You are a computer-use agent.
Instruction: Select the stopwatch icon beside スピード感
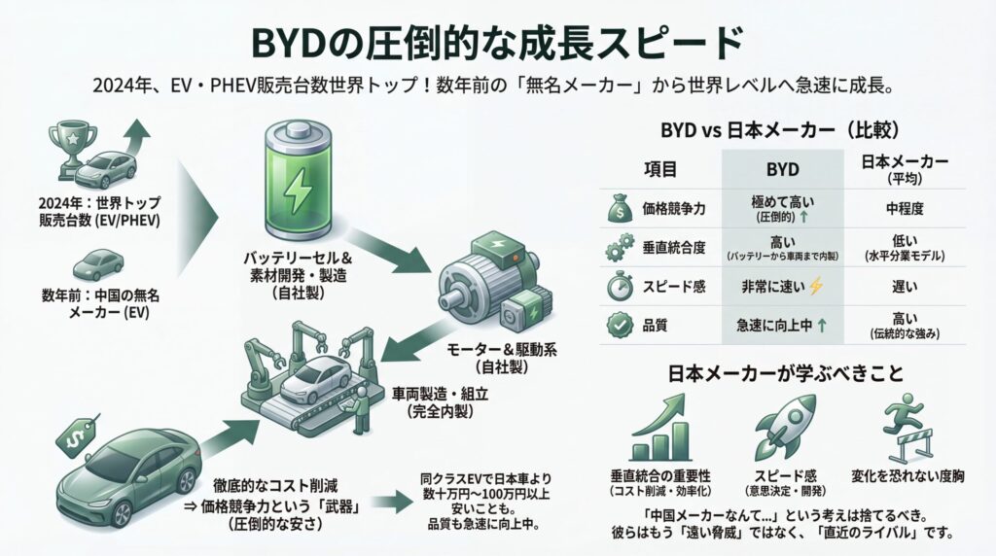coord(617,287)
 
